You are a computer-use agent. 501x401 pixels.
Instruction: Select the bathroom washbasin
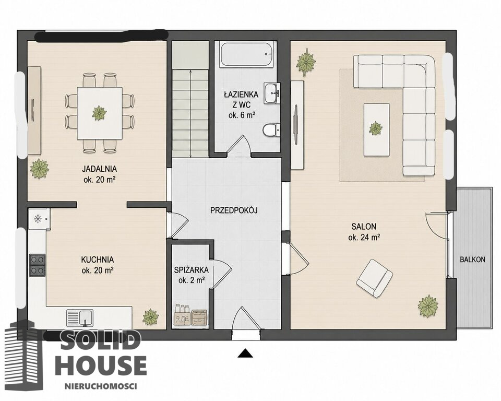[x=272, y=93]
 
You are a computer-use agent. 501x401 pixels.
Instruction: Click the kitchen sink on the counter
[x=80, y=317]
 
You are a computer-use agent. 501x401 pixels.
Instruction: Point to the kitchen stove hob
[x=37, y=265]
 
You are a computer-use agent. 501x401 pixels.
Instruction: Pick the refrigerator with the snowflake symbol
[x=39, y=219]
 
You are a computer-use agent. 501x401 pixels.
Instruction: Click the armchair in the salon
[x=375, y=278]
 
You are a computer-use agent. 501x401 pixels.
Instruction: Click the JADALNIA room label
[x=99, y=169]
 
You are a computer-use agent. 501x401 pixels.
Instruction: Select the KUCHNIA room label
[x=98, y=260]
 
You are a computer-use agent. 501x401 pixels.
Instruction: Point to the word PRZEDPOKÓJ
[x=234, y=210]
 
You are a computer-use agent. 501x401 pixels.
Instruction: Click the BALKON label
[x=473, y=260]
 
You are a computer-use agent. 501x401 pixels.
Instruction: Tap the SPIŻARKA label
[x=192, y=270]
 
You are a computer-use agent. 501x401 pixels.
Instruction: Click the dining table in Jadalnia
[x=99, y=113]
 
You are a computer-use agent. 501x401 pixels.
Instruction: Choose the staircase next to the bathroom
[x=190, y=99]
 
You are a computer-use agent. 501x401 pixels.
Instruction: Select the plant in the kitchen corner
[x=150, y=317]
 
